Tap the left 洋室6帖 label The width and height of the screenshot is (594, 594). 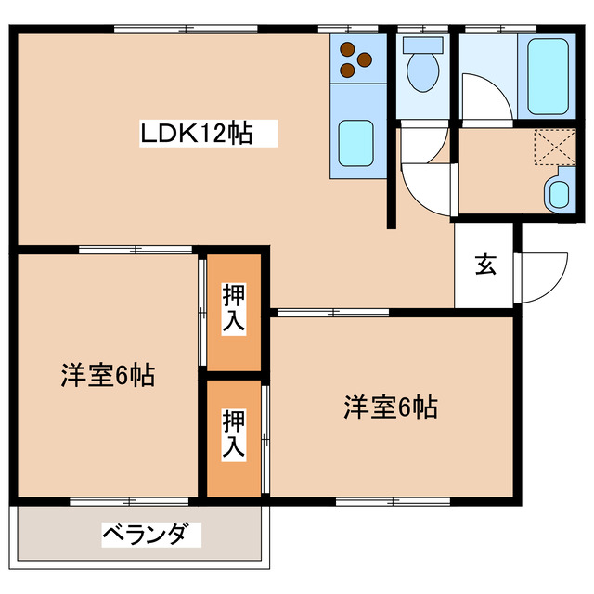[x=108, y=376]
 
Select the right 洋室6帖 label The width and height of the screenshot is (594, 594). [x=391, y=406]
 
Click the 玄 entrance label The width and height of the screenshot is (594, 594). [x=485, y=265]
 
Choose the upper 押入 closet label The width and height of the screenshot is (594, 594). [x=234, y=309]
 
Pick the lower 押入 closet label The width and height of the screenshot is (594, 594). [x=234, y=434]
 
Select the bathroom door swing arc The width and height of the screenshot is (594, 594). [x=486, y=97]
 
